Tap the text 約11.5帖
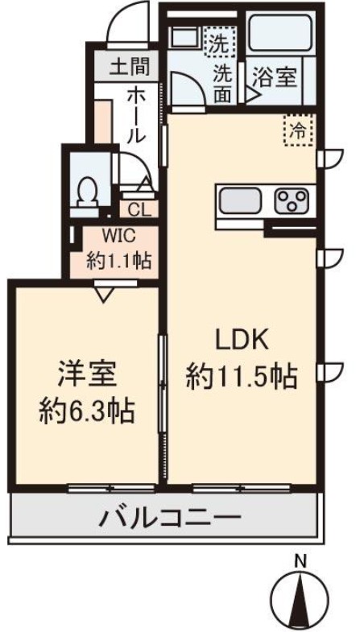[242, 375]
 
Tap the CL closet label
[139, 212]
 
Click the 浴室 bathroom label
[275, 78]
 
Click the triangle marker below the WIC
[104, 295]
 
